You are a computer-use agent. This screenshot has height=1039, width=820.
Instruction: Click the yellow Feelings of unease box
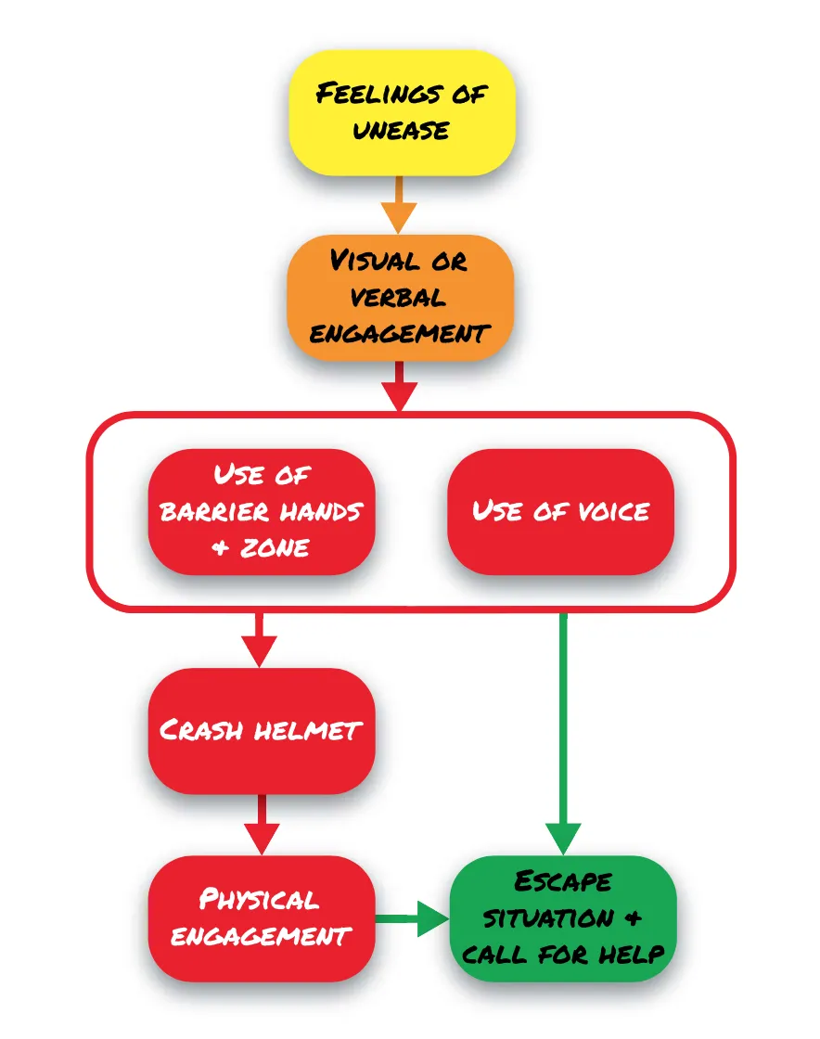click(402, 111)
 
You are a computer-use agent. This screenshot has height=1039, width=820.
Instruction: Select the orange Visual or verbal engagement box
click(400, 297)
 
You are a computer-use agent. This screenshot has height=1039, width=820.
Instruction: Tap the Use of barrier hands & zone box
click(262, 511)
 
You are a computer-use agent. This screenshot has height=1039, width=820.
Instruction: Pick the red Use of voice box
click(560, 511)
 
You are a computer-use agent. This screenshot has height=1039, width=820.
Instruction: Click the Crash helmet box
click(262, 730)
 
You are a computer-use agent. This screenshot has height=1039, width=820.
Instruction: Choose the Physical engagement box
click(262, 917)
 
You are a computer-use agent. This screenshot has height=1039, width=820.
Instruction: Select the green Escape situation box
click(563, 917)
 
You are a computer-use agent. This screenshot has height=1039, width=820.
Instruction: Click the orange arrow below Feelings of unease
click(400, 204)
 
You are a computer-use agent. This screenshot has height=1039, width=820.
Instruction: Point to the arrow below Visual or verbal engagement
click(400, 385)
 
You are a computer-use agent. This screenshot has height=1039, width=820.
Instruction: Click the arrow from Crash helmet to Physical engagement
click(260, 824)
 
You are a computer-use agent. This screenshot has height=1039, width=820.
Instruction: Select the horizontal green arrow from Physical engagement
click(412, 918)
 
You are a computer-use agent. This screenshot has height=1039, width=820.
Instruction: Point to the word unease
click(401, 129)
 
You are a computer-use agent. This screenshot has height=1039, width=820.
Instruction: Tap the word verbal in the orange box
click(400, 297)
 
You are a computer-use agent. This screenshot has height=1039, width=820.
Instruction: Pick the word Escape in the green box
click(563, 881)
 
